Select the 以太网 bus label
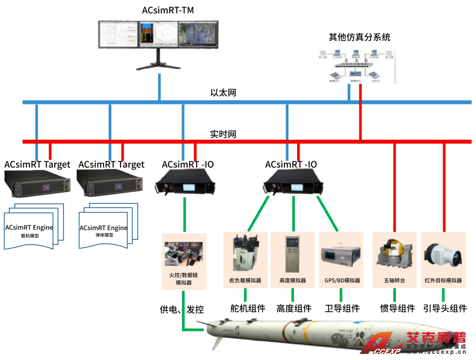(x=223, y=93)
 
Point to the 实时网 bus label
(x=223, y=134)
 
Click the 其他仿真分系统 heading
(x=359, y=38)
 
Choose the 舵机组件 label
(x=248, y=308)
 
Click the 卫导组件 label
(x=342, y=308)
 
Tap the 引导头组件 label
(x=445, y=308)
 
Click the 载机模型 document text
(x=29, y=236)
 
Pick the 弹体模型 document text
(x=104, y=236)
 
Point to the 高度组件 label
(x=294, y=308)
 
